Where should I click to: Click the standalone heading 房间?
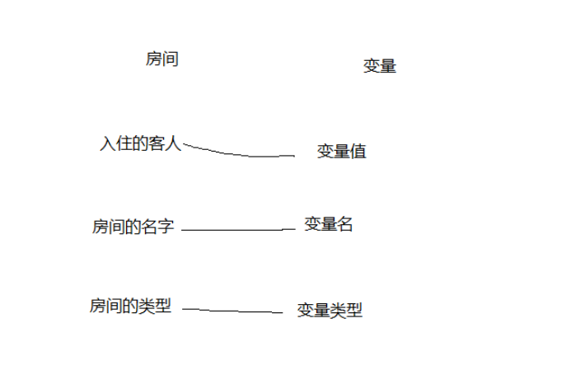coord(162,59)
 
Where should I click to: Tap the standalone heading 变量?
coord(380,67)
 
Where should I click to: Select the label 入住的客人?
coord(140,144)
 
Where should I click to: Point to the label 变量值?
coord(342,152)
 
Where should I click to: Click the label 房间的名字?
coord(133,227)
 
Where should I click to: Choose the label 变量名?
coord(329,224)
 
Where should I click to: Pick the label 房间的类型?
coord(131,307)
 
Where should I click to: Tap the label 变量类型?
coord(330,311)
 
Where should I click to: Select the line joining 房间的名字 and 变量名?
coord(237,230)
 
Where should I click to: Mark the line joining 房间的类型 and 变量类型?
coord(232,311)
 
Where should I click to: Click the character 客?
coord(157,144)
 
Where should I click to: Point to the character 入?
coord(108,144)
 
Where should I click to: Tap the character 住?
coord(124,144)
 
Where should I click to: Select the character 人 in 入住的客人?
coord(173,144)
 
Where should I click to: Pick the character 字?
coord(166,227)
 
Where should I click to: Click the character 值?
coord(358,152)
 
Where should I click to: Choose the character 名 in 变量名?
coord(345,224)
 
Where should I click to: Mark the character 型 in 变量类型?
coord(354,311)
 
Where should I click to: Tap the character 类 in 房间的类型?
coord(147,307)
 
